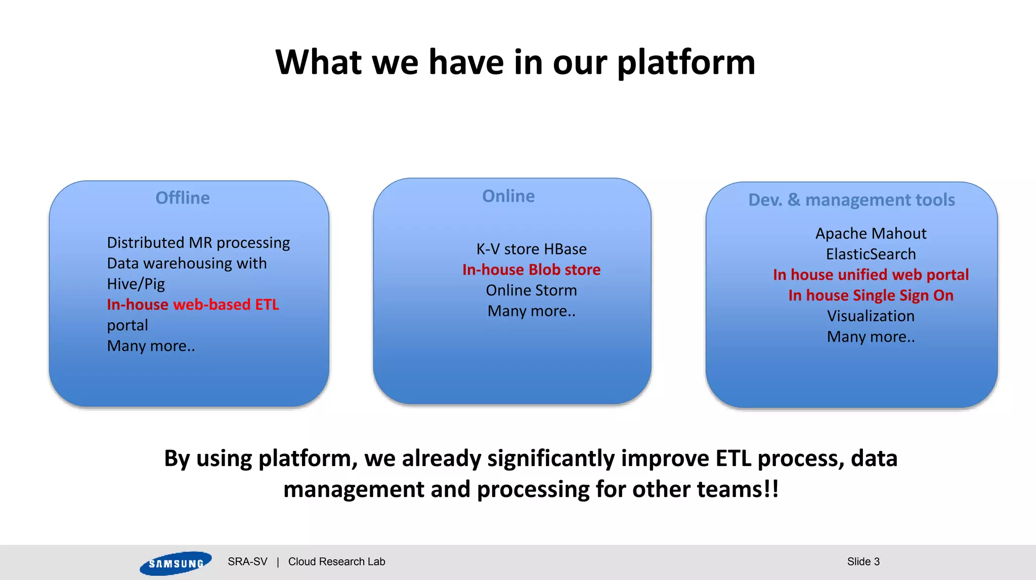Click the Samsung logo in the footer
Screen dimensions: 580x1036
[175, 563]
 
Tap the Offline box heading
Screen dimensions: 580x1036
[183, 198]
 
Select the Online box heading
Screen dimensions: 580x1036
[508, 196]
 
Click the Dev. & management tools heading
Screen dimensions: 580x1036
[851, 200]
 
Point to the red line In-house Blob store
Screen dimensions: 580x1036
[531, 270]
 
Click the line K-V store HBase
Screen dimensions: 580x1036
[531, 249]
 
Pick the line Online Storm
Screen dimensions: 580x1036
[531, 291]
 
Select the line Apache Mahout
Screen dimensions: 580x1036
[871, 233]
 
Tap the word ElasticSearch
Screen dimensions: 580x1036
[871, 254]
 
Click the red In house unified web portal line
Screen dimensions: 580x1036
[871, 275]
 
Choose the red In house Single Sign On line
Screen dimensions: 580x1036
[871, 296]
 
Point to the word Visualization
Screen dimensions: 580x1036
[871, 316]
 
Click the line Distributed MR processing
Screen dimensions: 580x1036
[198, 243]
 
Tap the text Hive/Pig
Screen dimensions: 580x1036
[136, 284]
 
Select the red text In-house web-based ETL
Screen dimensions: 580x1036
[193, 305]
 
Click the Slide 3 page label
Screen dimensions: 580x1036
[863, 562]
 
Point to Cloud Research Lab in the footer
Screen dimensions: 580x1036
[336, 562]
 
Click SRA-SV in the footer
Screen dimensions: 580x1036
[247, 562]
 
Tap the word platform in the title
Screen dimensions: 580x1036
[686, 63]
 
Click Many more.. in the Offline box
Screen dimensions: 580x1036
[151, 346]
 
